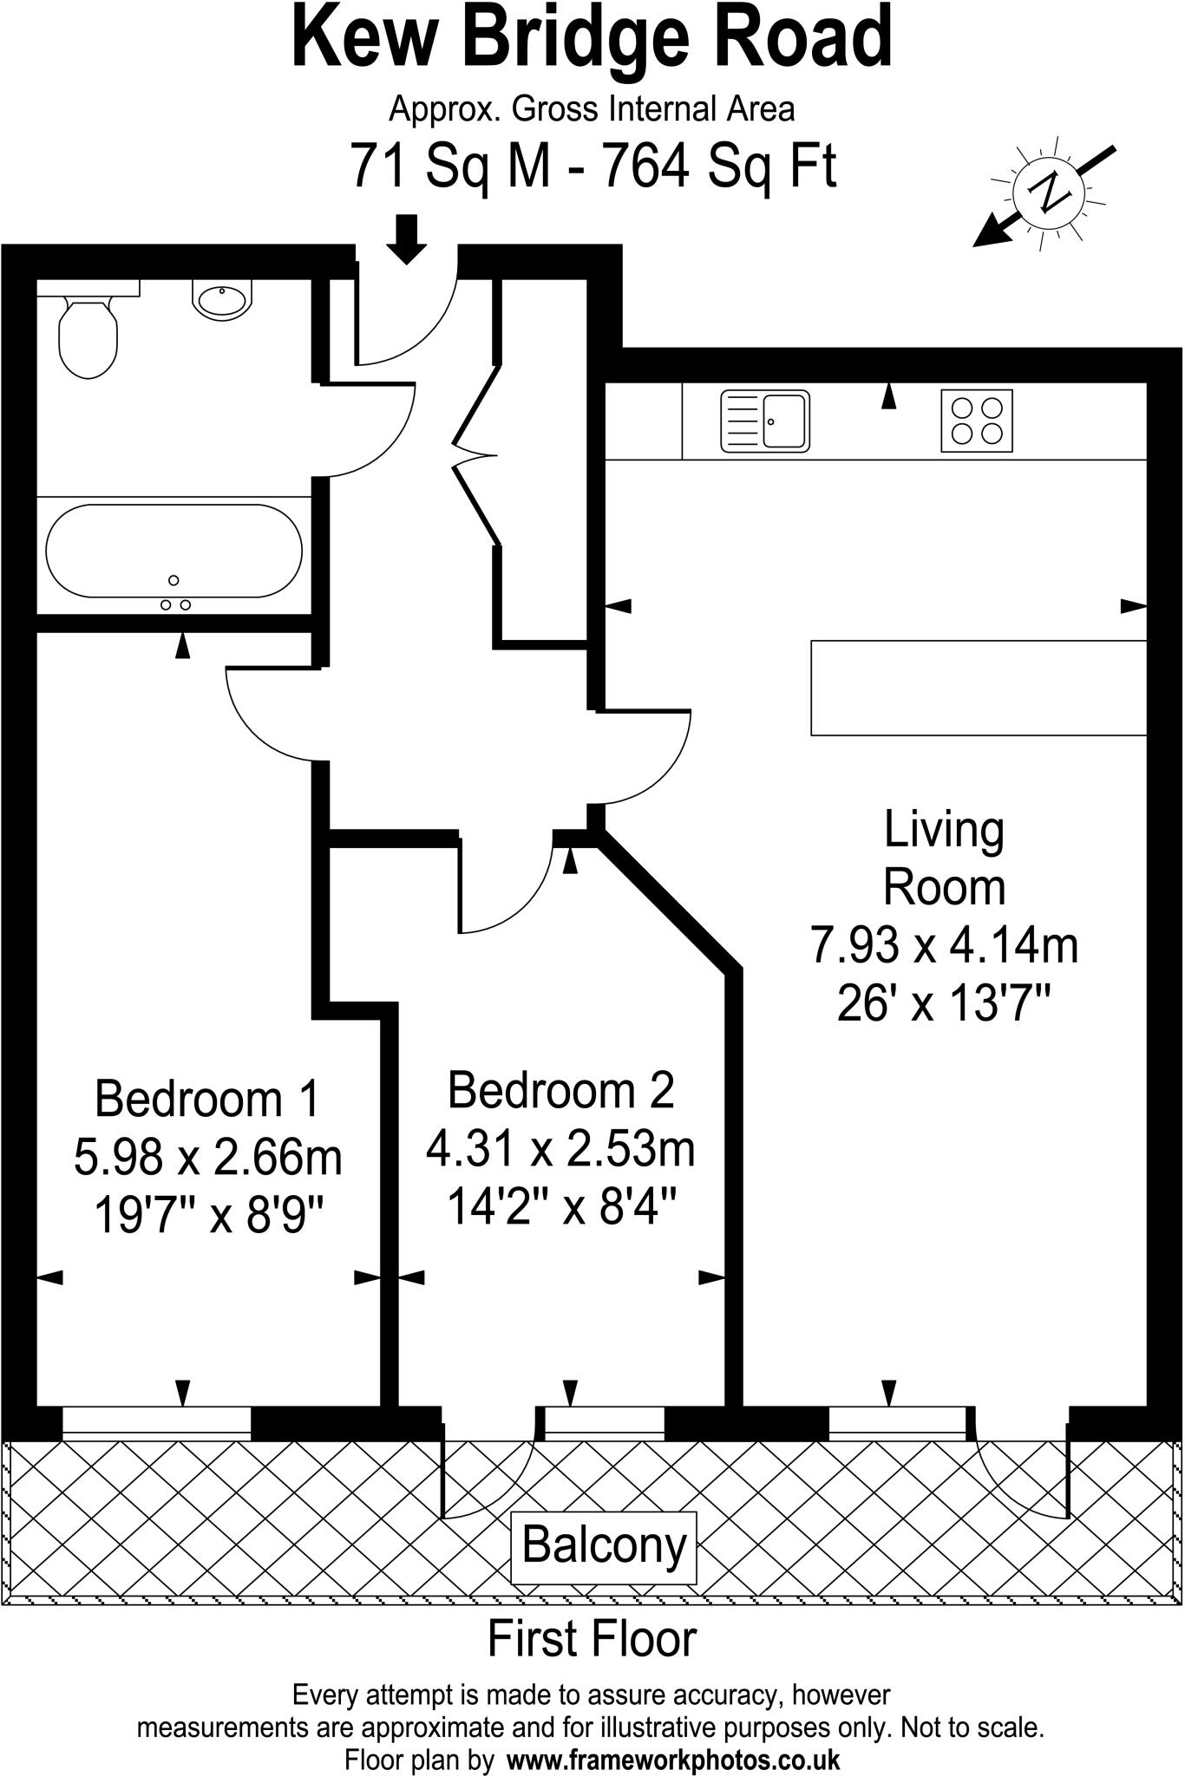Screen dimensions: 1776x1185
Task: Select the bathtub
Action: tap(173, 552)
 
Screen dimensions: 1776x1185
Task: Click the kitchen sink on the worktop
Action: tap(765, 421)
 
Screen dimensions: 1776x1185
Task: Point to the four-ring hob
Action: tap(977, 421)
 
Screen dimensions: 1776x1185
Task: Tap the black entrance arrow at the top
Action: tap(406, 238)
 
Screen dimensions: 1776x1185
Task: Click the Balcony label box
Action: tap(604, 1546)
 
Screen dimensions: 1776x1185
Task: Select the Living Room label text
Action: tap(944, 859)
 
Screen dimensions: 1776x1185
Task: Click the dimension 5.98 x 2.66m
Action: tap(208, 1158)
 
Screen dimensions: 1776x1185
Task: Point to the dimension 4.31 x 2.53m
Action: tap(560, 1150)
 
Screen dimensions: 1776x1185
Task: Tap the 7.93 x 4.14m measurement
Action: tap(944, 945)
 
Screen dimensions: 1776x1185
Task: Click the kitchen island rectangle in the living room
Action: tap(979, 688)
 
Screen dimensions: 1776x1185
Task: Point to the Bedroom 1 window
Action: tap(156, 1421)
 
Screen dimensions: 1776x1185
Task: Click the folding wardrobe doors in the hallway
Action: tap(475, 455)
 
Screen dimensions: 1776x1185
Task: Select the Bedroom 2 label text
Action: tap(560, 1090)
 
